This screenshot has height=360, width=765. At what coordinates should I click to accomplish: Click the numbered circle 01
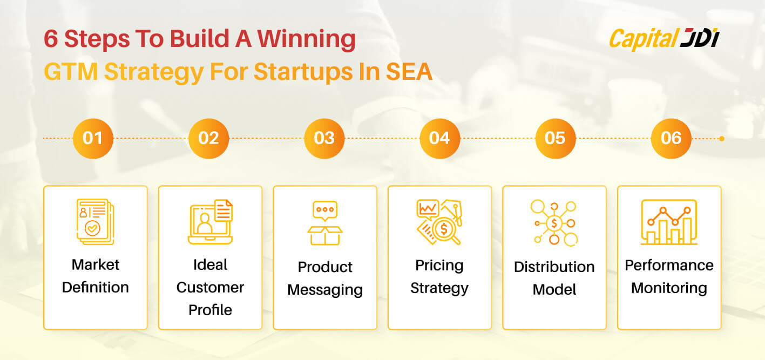[93, 138]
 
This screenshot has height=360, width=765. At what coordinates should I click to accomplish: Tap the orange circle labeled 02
[209, 138]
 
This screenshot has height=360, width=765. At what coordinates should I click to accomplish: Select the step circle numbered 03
[324, 138]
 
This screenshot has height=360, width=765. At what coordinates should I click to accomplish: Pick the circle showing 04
[440, 138]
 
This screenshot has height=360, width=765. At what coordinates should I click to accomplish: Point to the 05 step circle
[556, 138]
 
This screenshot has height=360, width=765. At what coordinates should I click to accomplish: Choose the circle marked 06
[671, 138]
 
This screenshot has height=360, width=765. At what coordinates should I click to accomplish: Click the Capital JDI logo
[664, 39]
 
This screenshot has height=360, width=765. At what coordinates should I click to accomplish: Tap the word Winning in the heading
[306, 39]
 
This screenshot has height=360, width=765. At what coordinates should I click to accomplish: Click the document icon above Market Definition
[95, 222]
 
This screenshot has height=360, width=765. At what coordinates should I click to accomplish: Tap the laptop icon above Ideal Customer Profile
[211, 222]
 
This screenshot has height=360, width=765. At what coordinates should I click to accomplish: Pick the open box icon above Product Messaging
[325, 223]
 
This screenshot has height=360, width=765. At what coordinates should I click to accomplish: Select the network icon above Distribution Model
[554, 223]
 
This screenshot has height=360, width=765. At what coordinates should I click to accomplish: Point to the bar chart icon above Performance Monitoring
[669, 222]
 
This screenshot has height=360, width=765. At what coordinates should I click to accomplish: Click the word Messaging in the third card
[325, 290]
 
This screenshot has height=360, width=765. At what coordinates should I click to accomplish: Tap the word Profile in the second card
[211, 310]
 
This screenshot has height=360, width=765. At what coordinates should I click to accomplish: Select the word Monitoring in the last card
[669, 288]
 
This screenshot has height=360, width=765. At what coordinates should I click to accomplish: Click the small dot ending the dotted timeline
[722, 139]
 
